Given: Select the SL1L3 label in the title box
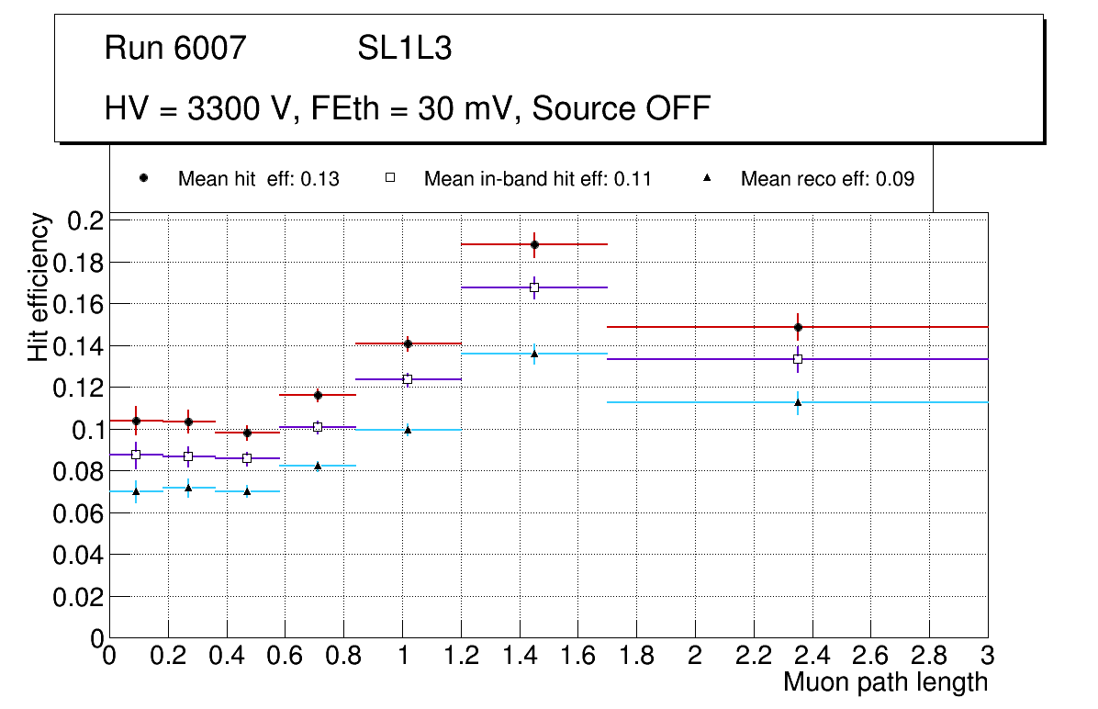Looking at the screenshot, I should pos(404,49).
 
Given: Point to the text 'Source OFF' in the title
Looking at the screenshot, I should pos(622,108).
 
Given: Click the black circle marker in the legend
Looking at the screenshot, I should pos(143,178).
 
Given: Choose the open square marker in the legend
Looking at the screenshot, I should pos(390,178).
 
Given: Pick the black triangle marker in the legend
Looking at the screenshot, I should pos(707,178).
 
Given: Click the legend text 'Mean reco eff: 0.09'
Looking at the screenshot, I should pos(827,179).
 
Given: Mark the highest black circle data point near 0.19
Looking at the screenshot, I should pos(534,244).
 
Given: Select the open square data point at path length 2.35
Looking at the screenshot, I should pos(798,359).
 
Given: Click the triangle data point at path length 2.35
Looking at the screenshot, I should pos(798,402).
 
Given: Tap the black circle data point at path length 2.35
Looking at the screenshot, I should pos(798,327).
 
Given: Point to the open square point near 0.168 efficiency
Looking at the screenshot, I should pos(534,287).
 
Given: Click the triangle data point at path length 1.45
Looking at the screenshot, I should pos(534,354).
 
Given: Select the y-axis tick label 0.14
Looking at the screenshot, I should pos(80,346).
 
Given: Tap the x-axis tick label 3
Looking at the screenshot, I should pos(988,656).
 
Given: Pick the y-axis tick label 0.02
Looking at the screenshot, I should pos(80,597).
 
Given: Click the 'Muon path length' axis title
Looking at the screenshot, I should pos(885,682).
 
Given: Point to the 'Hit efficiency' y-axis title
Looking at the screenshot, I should pos(39,287).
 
